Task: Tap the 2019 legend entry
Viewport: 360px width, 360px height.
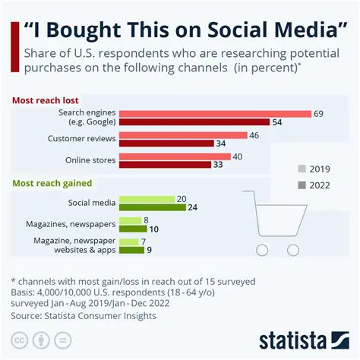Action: pos(312,169)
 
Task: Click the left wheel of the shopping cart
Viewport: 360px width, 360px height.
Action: pos(262,250)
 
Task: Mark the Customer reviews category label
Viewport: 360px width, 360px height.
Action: pos(81,139)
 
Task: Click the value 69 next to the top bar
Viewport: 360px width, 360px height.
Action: pos(319,114)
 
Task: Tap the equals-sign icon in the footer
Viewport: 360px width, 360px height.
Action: pos(63,338)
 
